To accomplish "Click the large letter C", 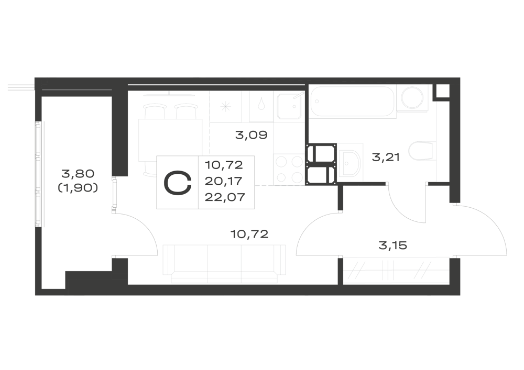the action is coord(178,183).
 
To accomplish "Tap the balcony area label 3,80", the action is coord(78,174).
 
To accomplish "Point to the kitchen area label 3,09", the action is coord(252,135).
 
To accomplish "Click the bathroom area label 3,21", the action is coord(386,157).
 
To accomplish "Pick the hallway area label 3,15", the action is coord(392,245).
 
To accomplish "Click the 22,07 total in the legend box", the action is coord(225,197).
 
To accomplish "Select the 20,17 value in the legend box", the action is coord(223,181).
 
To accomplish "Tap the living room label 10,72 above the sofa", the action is coord(249,234).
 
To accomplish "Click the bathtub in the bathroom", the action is coord(352,102).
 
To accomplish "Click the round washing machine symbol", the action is coord(412,98).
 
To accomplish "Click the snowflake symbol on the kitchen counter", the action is coord(226,106).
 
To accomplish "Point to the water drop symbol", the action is coord(261,105).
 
